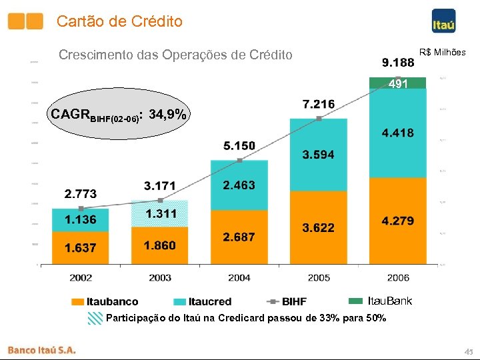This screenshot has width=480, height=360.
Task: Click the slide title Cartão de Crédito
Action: coord(119,21)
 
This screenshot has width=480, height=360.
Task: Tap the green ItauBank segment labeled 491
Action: coord(398,83)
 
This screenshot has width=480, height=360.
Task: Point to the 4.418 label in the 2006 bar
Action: coord(398,133)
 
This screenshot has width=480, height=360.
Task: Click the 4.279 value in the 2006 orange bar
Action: coord(398,221)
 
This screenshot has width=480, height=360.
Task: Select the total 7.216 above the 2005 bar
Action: coord(319,105)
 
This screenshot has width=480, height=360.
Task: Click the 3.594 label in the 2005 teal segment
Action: coord(319,155)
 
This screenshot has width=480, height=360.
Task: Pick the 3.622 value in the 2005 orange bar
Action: coord(319,228)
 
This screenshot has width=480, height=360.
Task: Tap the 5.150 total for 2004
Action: coord(239,145)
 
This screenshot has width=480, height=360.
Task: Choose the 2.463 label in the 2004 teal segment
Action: coord(239,185)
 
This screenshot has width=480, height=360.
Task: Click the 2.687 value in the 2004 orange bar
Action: coord(239,237)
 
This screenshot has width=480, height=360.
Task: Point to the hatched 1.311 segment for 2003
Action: coord(161,213)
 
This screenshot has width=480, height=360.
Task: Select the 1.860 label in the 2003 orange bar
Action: coord(160,245)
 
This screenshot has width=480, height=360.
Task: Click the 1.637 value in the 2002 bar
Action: coord(81,248)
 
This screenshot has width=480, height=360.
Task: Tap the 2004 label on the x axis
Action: coord(239,277)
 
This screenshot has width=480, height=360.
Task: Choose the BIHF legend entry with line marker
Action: coord(284,302)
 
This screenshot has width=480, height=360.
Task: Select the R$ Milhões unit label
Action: coord(442,52)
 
